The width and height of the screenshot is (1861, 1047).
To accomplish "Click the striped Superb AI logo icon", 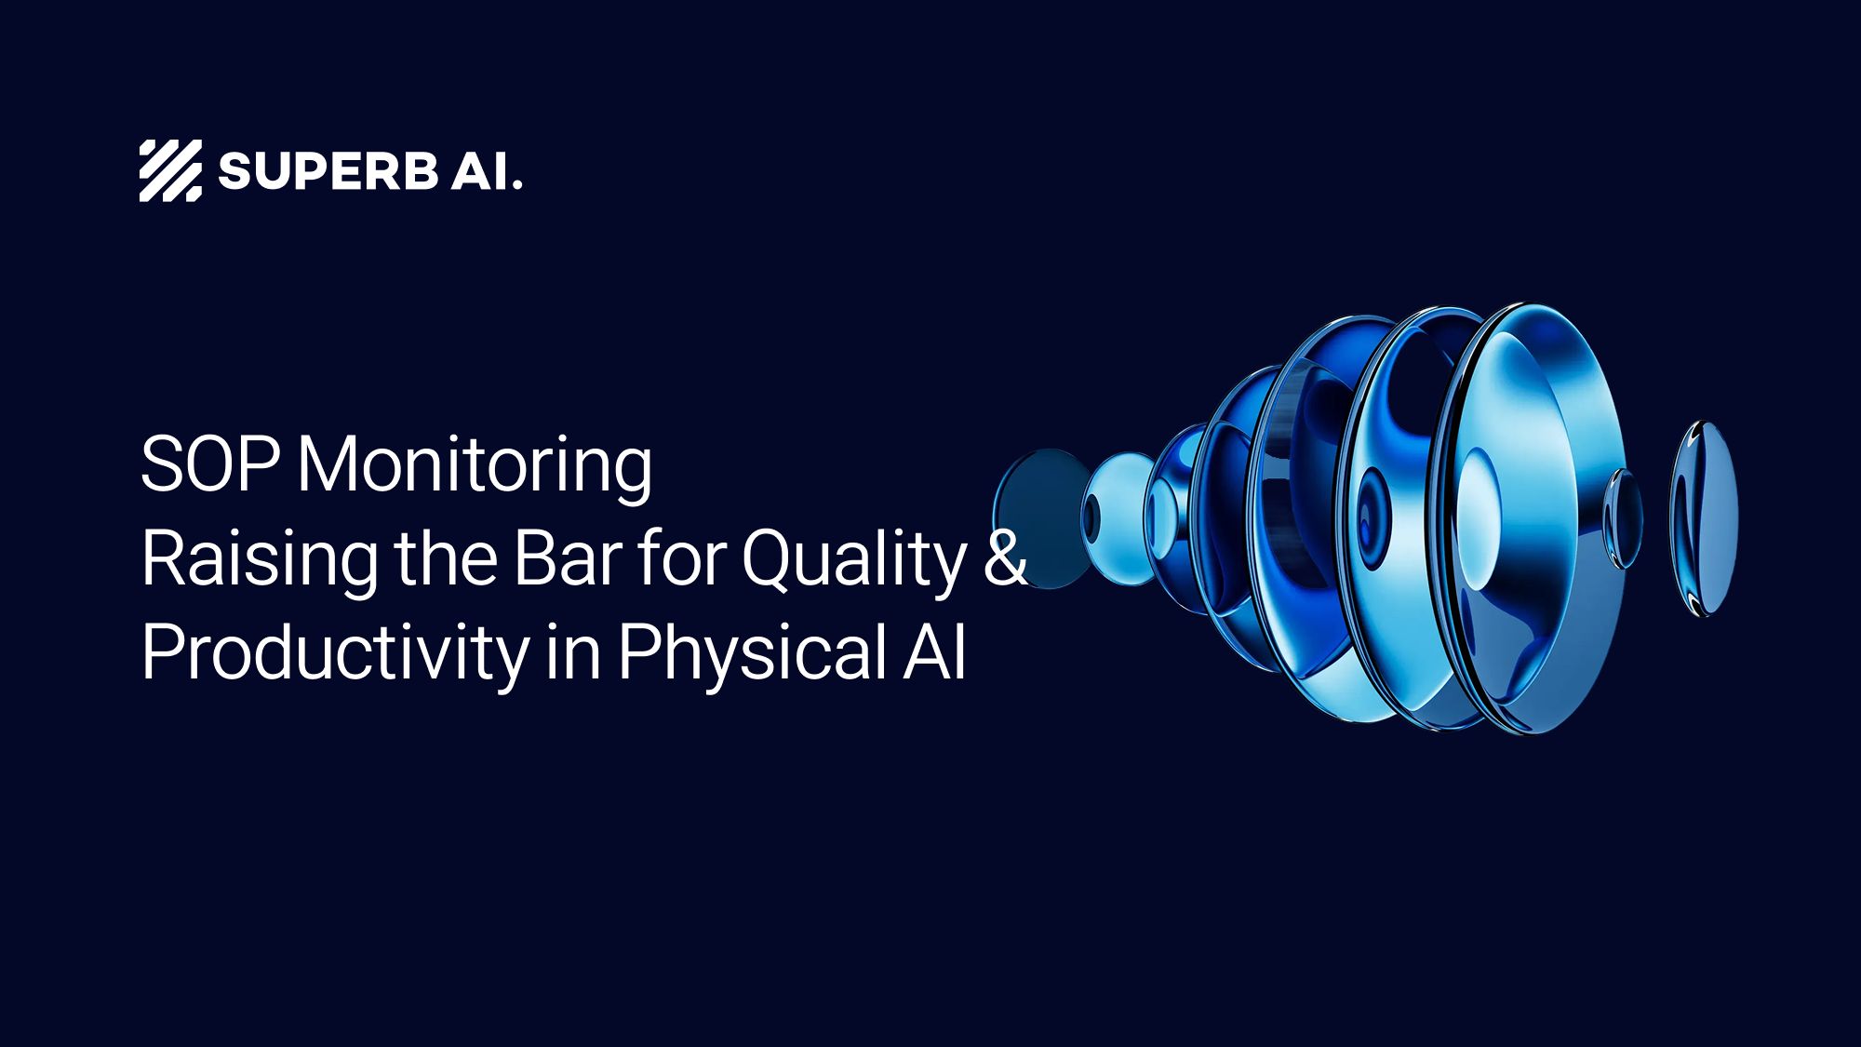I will [x=170, y=170].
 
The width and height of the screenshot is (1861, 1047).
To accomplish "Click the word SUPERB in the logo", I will [x=328, y=172].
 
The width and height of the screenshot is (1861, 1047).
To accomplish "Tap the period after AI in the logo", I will [x=517, y=186].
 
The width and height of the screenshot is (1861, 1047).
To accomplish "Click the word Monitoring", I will [x=475, y=465].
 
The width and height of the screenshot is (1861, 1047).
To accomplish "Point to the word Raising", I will [x=259, y=558].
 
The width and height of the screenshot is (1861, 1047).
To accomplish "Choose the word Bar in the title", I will [x=568, y=557].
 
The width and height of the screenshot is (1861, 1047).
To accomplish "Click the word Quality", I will [x=854, y=558].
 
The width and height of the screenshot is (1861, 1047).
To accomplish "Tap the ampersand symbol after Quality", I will [x=1005, y=557].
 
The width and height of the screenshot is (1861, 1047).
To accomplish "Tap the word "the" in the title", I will [x=446, y=557].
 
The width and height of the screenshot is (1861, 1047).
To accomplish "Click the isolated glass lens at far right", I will [x=1704, y=517].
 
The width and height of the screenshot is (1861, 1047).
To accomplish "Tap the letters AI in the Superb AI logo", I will [x=480, y=172].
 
